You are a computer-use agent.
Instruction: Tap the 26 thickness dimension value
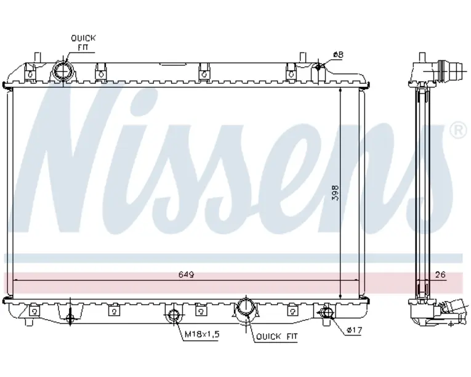click(439, 275)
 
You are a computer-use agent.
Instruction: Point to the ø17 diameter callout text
click(353, 331)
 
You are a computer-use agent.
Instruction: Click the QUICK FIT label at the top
click(83, 42)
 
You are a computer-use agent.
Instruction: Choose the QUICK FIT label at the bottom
click(277, 336)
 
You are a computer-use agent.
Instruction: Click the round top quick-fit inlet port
click(63, 71)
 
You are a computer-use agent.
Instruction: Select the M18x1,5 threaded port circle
click(174, 317)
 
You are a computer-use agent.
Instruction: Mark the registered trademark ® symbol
click(458, 130)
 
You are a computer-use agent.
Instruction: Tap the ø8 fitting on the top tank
click(319, 68)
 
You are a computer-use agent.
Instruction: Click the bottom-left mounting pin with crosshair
click(70, 318)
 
